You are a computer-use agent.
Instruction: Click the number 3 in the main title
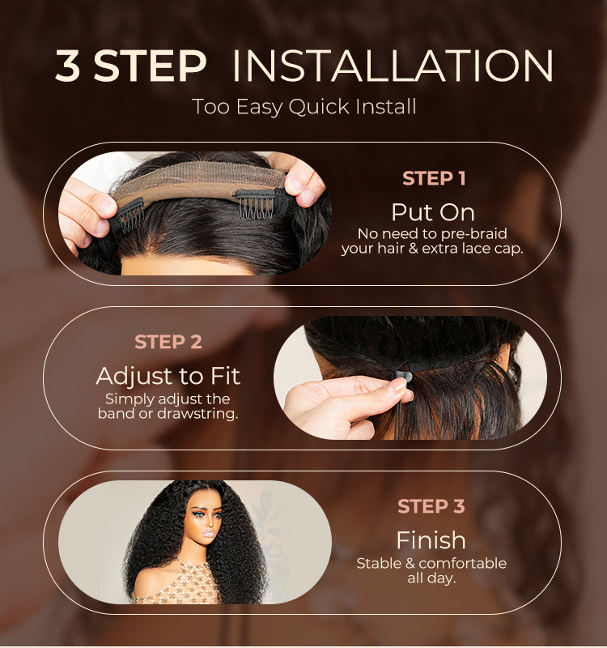coord(68,66)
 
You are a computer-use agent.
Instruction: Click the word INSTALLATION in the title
coord(393,66)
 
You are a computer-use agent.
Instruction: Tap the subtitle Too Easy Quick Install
coord(303,106)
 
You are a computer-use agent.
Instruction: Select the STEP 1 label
coord(434,178)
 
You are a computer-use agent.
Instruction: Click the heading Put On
coord(433,212)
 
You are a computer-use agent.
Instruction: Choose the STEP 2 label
coord(168,342)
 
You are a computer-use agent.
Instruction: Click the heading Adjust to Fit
coord(168,376)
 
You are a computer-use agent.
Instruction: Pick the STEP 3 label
coord(431,507)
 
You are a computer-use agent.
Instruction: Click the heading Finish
coord(431,539)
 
